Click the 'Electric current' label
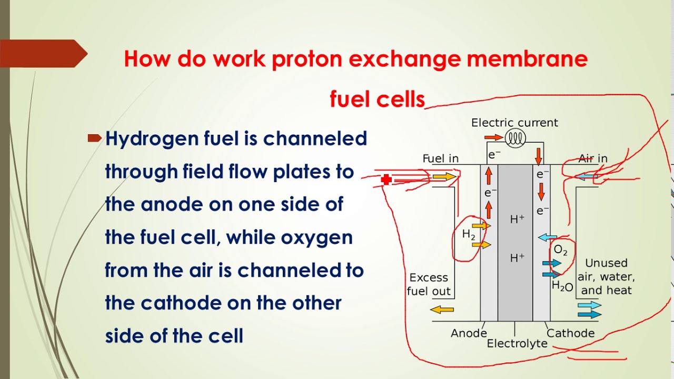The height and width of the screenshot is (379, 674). coord(514,123)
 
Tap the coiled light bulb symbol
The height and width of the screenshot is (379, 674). coord(516,138)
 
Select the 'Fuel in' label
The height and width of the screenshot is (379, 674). coord(441,158)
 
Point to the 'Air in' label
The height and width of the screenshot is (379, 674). coord(593,158)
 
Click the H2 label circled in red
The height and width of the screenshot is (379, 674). coord(469,235)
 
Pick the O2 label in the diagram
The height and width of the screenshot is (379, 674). coord(561,251)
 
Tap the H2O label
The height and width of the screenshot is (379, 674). coord(562,287)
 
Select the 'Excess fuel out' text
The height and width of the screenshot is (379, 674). coord(429,284)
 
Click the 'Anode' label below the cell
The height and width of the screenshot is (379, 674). coord(469,333)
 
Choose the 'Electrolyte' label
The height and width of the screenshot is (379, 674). coord(517,344)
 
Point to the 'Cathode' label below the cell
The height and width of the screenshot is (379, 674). coord(571,333)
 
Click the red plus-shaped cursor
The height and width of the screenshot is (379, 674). coord(386,180)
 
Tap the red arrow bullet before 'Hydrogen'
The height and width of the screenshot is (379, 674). coord(94,138)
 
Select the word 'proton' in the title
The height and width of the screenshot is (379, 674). coord(306,59)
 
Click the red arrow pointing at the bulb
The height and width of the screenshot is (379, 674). coord(493,138)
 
